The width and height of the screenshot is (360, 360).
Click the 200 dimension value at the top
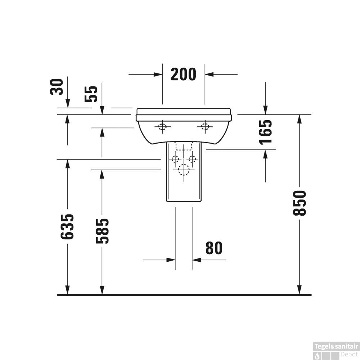(183, 74)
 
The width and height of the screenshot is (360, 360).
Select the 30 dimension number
(57, 87)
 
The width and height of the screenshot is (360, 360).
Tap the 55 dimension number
(91, 94)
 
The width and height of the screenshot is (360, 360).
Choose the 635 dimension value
(67, 227)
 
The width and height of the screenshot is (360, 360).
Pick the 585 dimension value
(102, 231)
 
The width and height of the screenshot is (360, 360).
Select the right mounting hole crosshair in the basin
(205, 126)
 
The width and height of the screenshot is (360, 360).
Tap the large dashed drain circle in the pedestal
(184, 170)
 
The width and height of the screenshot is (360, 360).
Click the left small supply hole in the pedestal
(176, 159)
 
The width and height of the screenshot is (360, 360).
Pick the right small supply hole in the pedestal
(192, 159)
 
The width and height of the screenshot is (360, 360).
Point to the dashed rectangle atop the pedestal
(184, 146)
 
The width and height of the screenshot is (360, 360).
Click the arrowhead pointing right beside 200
(158, 75)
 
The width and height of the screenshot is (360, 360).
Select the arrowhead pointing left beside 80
(197, 260)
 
